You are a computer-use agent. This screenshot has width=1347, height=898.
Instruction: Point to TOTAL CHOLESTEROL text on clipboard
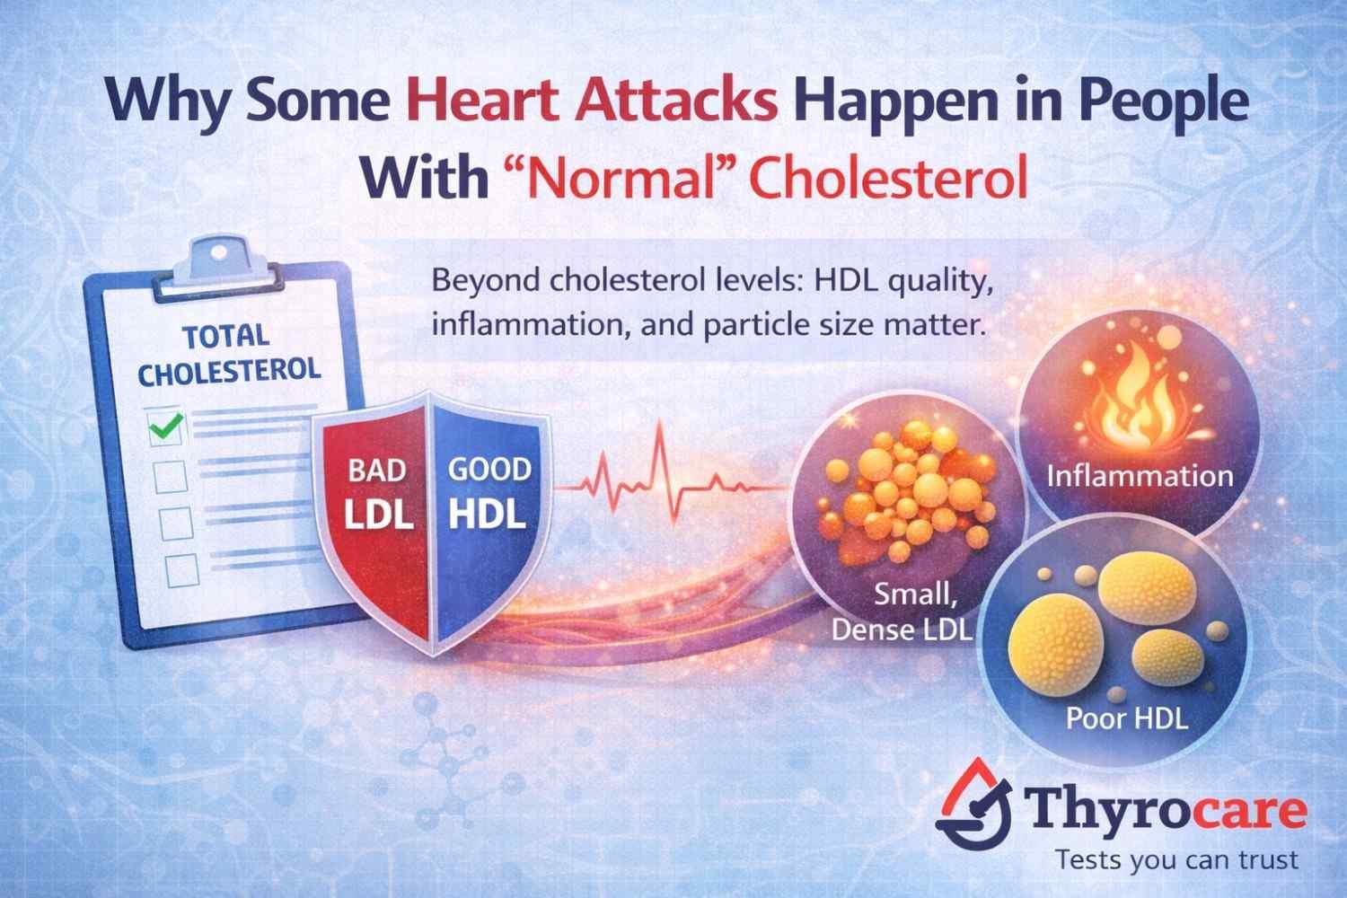click(229, 353)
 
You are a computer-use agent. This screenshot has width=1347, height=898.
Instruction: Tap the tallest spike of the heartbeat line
click(661, 440)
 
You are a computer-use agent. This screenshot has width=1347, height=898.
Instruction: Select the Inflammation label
click(1140, 474)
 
